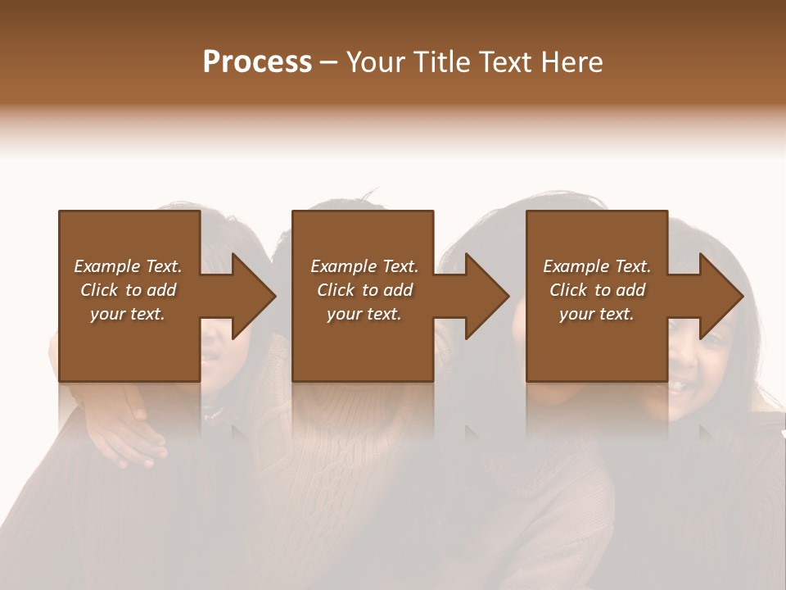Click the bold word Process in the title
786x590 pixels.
pos(257,62)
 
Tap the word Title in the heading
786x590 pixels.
pos(442,62)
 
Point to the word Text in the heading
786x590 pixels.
pos(506,62)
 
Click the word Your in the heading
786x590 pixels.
pos(377,62)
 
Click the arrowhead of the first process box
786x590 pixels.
pos(250,296)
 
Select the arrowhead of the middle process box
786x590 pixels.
pos(483,296)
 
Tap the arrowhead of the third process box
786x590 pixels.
pos(717,296)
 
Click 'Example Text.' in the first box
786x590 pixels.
pos(128,266)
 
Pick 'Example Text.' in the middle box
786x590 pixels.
pos(364,266)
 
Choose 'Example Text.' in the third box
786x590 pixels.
pos(597,266)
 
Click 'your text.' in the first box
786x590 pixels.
pos(128,314)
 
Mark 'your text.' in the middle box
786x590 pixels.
pos(364,314)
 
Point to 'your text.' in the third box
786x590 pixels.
pos(597,314)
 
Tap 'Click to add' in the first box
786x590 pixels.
pos(128,290)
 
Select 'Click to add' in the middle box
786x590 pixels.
pos(364,290)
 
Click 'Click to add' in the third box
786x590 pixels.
pos(597,290)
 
